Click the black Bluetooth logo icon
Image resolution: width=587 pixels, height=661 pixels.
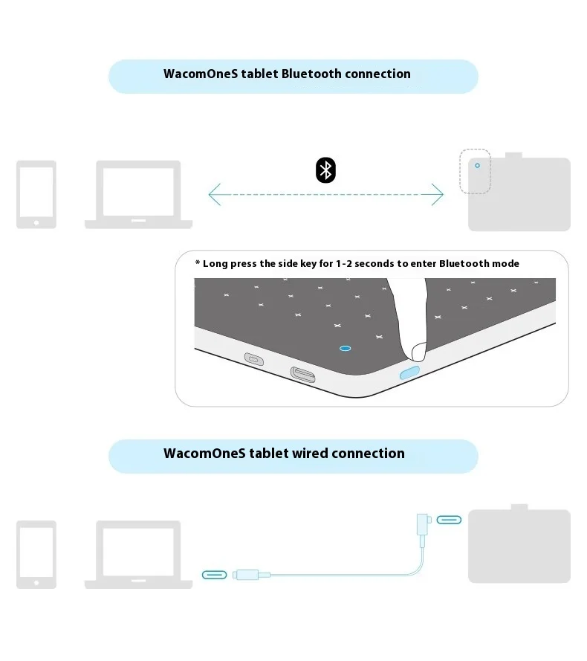pos(325,170)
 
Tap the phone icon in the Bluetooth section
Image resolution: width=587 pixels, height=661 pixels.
pos(36,194)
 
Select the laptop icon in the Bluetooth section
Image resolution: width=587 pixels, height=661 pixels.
pos(139,194)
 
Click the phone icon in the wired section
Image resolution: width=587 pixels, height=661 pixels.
pos(36,554)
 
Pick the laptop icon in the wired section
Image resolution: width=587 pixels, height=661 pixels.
pos(139,554)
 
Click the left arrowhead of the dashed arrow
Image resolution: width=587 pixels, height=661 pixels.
pos(213,196)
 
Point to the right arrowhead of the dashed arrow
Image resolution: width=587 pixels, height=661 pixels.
pos(439,196)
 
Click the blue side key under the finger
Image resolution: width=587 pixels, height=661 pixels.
pos(410,372)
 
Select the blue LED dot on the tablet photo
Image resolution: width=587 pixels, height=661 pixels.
pos(345,347)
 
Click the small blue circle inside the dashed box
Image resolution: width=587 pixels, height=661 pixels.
pos(477,166)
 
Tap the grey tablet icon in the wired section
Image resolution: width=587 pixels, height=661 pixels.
pos(519,544)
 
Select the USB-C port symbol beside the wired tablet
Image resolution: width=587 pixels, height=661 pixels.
pos(449,520)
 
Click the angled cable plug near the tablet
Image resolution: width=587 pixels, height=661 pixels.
pos(425,524)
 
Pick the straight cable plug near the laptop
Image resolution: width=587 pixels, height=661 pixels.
pos(245,575)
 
